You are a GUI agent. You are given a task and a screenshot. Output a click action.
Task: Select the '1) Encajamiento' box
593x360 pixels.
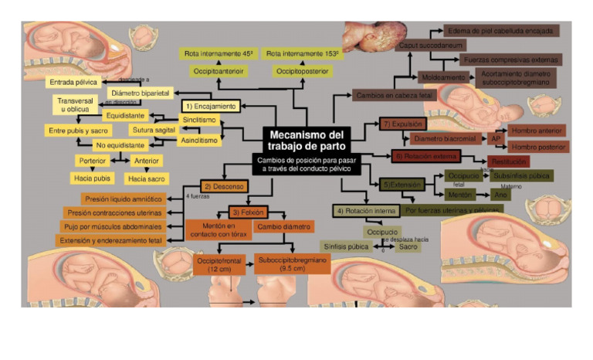[209, 105]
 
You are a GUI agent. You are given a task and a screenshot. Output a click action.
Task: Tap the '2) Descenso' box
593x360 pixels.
[224, 186]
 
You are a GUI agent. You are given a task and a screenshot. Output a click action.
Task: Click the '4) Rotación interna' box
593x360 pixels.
[365, 210]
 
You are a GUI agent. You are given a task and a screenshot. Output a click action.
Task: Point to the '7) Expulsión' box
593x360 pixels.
[402, 124]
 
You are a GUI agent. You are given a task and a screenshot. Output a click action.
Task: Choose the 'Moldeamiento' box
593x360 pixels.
[442, 77]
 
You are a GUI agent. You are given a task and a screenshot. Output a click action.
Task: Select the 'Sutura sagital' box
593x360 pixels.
[154, 130]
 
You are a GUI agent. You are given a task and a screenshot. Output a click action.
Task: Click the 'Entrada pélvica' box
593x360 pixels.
[74, 82]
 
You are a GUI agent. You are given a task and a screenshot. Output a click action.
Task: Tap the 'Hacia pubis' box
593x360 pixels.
[93, 178]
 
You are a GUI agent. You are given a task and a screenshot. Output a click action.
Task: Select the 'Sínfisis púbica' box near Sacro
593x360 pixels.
[344, 246]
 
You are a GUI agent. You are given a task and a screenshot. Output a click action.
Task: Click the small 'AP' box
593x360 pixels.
[496, 138]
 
